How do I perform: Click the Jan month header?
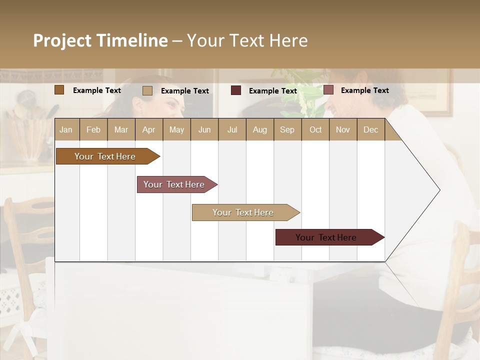(66, 130)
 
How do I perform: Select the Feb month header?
(93, 130)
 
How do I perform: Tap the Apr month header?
(148, 130)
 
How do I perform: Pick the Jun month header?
(204, 130)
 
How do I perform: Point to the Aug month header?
(259, 130)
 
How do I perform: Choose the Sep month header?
(287, 130)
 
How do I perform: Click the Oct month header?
(315, 130)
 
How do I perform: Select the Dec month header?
(370, 130)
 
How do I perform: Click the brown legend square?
(59, 90)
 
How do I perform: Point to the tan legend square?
(147, 90)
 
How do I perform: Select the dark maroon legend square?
(236, 90)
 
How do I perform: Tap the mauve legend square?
(328, 90)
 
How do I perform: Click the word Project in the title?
(62, 40)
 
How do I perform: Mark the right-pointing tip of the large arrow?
(439, 190)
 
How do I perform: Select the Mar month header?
(121, 130)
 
